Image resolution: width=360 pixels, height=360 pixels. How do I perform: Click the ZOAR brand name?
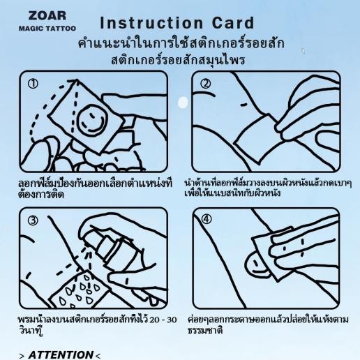[x=47, y=16]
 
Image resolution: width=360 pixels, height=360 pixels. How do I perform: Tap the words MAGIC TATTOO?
[x=47, y=29]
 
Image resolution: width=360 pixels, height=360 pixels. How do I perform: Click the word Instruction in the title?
[x=151, y=23]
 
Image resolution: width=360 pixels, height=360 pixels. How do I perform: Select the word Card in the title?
[x=233, y=23]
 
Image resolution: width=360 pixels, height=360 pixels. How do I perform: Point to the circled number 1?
[x=33, y=84]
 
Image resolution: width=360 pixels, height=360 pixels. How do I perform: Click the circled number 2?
[x=206, y=84]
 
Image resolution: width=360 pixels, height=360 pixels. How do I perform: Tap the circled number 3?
[x=33, y=220]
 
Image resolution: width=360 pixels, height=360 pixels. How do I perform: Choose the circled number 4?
[x=207, y=219]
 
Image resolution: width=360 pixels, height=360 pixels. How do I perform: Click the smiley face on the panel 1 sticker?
[x=91, y=120]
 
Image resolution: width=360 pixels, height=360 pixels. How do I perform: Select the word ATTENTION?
[x=61, y=355]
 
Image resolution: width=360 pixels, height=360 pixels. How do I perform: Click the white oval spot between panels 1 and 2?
[x=183, y=103]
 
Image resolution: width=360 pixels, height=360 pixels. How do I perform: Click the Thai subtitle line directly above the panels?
[x=178, y=60]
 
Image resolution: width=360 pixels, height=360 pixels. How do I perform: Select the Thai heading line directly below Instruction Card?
[x=181, y=43]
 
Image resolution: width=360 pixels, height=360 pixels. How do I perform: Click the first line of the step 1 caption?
[x=96, y=183]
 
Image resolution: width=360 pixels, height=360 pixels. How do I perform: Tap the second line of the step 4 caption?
[x=205, y=331]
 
